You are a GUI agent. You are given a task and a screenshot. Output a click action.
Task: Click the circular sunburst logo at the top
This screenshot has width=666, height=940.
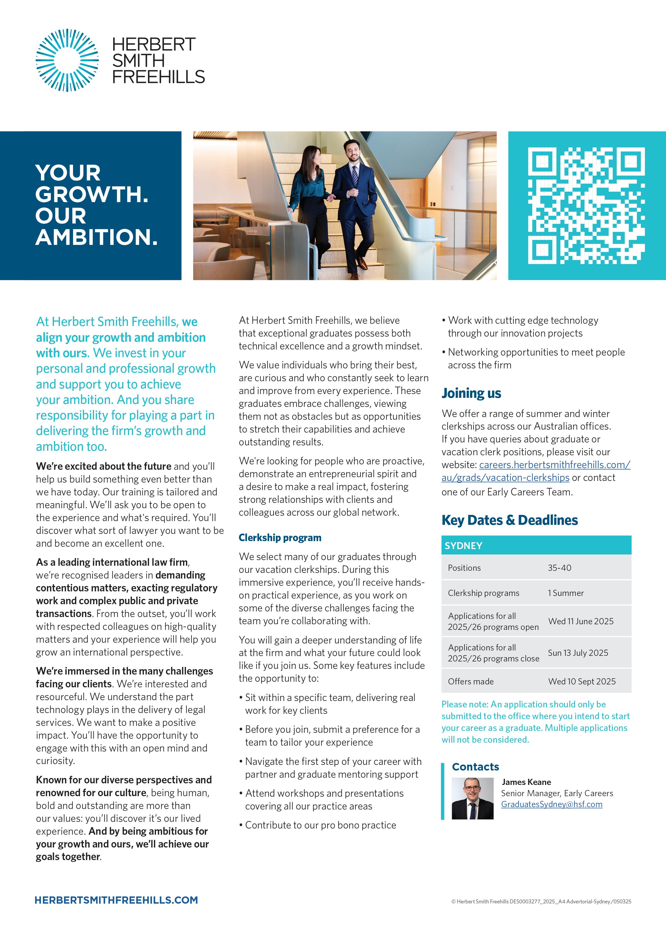pyautogui.click(x=67, y=60)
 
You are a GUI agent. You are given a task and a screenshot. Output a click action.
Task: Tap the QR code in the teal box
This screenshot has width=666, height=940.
pyautogui.click(x=587, y=206)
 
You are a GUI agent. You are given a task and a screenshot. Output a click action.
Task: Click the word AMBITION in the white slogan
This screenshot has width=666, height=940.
pyautogui.click(x=96, y=237)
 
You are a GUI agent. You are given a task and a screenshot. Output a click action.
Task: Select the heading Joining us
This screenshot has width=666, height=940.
pyautogui.click(x=471, y=393)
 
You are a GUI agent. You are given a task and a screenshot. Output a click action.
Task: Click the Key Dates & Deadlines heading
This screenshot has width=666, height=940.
pyautogui.click(x=509, y=520)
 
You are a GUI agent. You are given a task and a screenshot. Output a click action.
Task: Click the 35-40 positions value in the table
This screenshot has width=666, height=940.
pyautogui.click(x=560, y=568)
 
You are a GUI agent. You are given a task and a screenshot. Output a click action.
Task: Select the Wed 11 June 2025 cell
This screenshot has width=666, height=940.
pyautogui.click(x=581, y=621)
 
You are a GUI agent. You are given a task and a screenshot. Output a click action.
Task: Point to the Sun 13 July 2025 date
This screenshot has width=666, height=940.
pyautogui.click(x=578, y=653)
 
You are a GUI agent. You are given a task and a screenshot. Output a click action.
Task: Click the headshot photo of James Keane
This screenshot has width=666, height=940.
pyautogui.click(x=473, y=799)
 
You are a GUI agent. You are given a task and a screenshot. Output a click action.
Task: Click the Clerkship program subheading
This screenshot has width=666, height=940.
pyautogui.click(x=280, y=538)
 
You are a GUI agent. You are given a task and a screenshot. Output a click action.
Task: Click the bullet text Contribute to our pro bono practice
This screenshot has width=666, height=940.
pyautogui.click(x=320, y=825)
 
